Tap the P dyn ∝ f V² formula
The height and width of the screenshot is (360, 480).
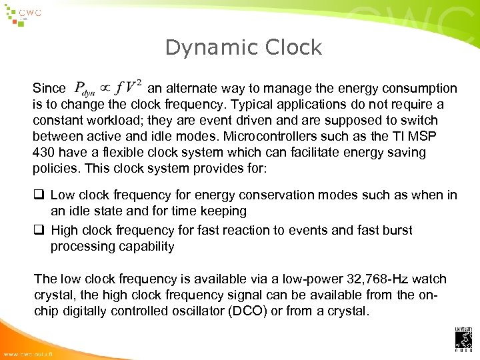coord(107,87)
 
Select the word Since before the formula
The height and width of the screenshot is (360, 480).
coord(49,89)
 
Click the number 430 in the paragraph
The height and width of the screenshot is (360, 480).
coord(45,153)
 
